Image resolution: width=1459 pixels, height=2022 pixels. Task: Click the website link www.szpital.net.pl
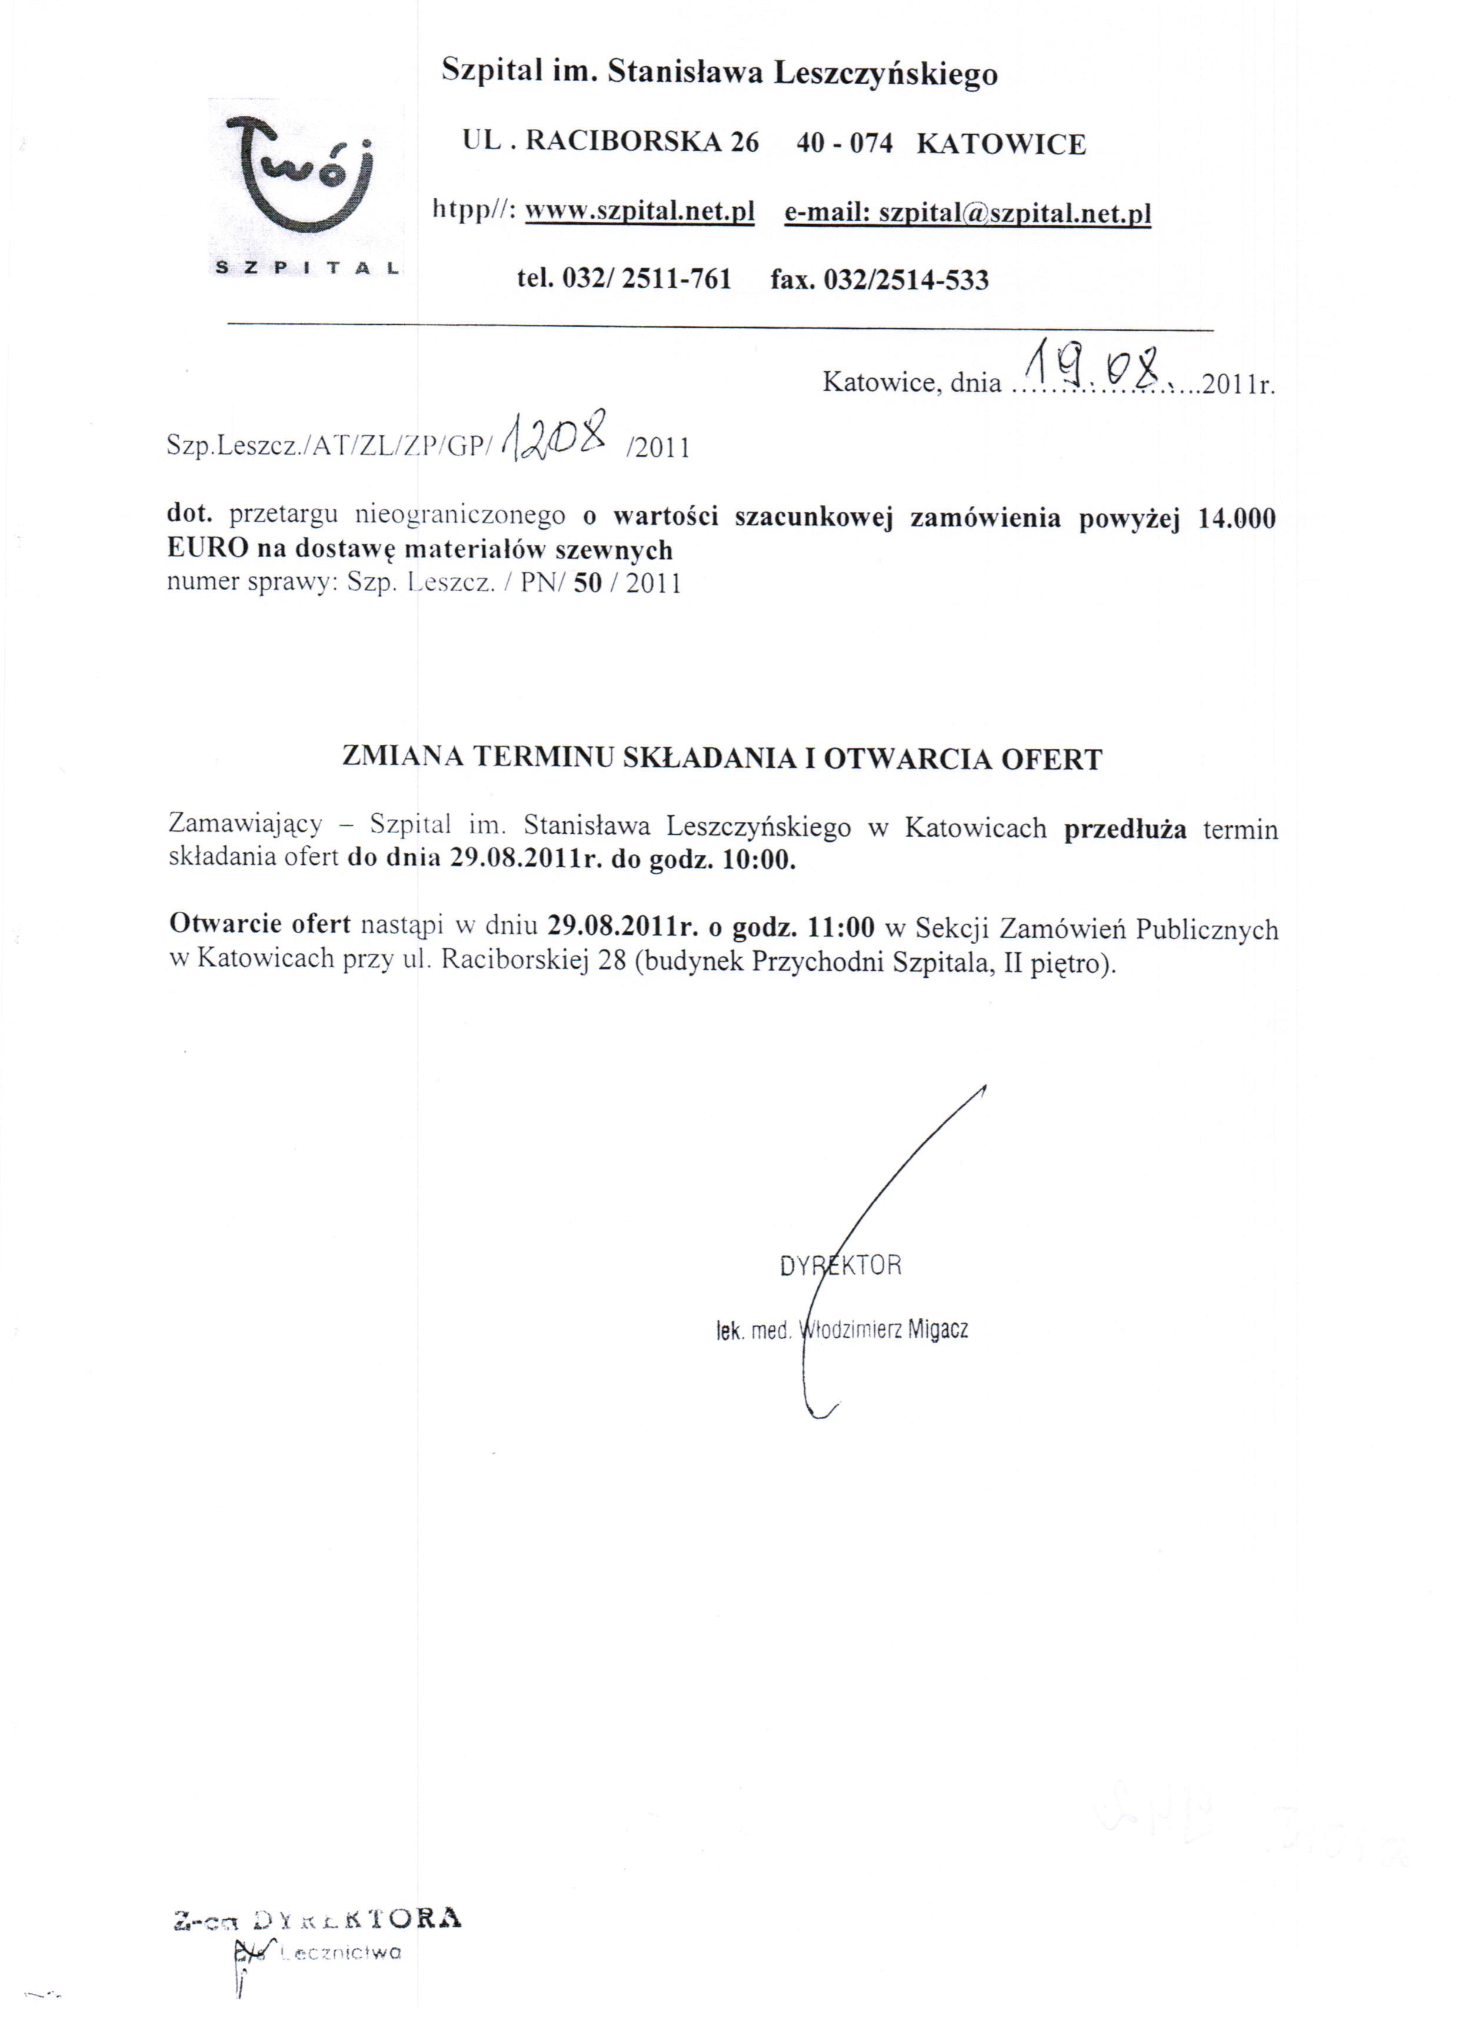(639, 212)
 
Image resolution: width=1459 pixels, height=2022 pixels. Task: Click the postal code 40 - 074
(844, 144)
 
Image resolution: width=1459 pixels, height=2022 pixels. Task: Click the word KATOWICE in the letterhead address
(1001, 144)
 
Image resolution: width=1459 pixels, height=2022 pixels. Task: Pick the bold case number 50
(588, 584)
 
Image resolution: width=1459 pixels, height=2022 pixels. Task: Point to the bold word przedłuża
(1125, 829)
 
